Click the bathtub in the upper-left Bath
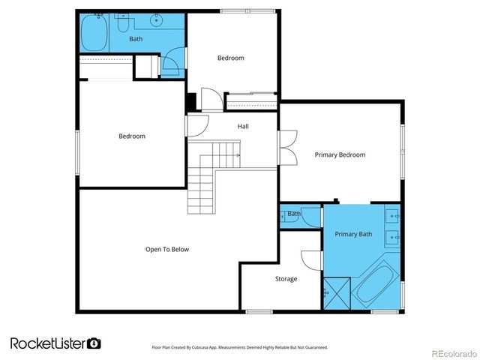point(94,33)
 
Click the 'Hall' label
point(243,126)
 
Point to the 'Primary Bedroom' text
point(340,154)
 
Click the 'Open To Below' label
point(166,249)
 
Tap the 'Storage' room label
point(286,279)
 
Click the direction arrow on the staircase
point(236,155)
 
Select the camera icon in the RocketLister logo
point(94,343)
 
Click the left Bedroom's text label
point(132,136)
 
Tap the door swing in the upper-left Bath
point(172,63)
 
